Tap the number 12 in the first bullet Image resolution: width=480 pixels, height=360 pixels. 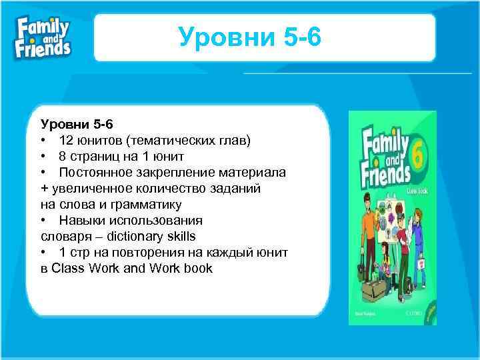[x=66, y=140]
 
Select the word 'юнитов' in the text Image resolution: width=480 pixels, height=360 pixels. [x=101, y=140]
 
